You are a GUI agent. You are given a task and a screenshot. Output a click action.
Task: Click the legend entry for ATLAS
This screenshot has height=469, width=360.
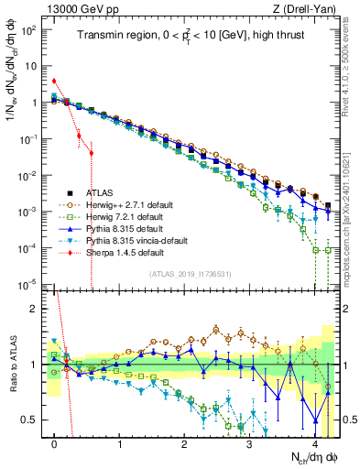101,193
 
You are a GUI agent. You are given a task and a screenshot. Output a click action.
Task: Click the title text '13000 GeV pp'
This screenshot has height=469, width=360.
76,7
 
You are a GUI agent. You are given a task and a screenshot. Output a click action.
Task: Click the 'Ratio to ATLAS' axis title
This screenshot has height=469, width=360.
12,362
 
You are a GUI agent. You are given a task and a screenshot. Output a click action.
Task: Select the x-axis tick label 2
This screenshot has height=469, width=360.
184,442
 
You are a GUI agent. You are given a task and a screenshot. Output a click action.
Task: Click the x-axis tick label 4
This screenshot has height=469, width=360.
314,442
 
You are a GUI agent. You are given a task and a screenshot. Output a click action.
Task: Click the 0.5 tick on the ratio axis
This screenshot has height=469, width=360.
34,420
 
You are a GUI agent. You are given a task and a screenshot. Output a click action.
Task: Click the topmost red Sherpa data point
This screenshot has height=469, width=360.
54,81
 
